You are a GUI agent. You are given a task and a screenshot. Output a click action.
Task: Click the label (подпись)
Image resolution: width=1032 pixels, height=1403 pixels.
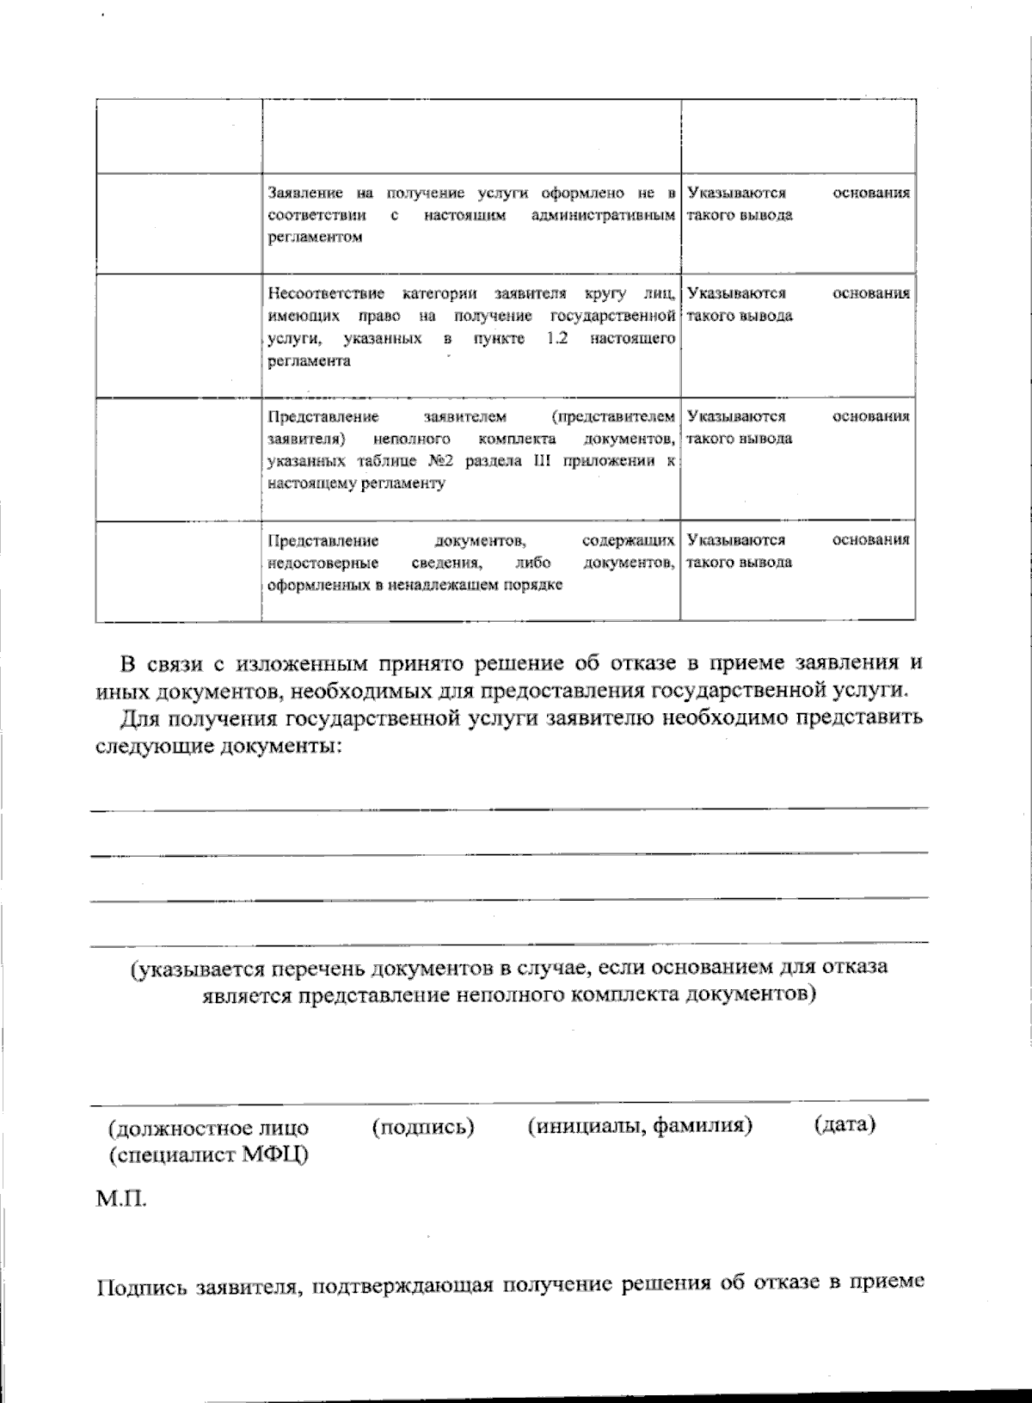[x=423, y=1126]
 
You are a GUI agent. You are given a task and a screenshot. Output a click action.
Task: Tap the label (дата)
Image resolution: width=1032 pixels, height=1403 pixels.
[x=844, y=1123]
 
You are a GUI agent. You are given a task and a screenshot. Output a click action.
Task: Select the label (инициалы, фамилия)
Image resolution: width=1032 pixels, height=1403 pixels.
[x=640, y=1125]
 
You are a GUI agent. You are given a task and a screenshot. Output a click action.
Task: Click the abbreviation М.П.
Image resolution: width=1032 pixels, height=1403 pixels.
[x=120, y=1199]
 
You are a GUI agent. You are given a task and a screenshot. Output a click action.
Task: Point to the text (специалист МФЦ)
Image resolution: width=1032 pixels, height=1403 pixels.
[x=209, y=1155]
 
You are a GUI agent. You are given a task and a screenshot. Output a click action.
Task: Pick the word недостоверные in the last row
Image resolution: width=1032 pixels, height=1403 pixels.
[x=323, y=563]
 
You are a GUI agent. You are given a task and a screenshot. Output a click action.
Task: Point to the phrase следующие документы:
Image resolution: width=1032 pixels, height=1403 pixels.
[x=218, y=747]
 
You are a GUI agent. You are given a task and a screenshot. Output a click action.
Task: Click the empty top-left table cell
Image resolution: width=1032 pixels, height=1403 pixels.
[x=178, y=136]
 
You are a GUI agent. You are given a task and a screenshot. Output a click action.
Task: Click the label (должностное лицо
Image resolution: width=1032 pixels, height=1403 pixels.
[x=209, y=1128]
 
